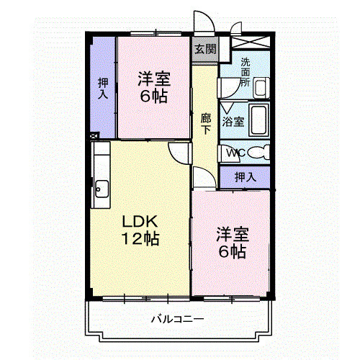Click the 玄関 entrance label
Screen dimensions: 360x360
coord(204,50)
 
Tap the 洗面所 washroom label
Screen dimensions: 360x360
coord(246,71)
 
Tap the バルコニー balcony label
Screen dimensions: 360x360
coord(177,318)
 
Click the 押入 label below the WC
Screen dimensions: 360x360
coord(246,176)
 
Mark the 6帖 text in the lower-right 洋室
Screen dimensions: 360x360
coord(233,251)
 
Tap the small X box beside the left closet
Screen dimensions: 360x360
coord(94,134)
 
